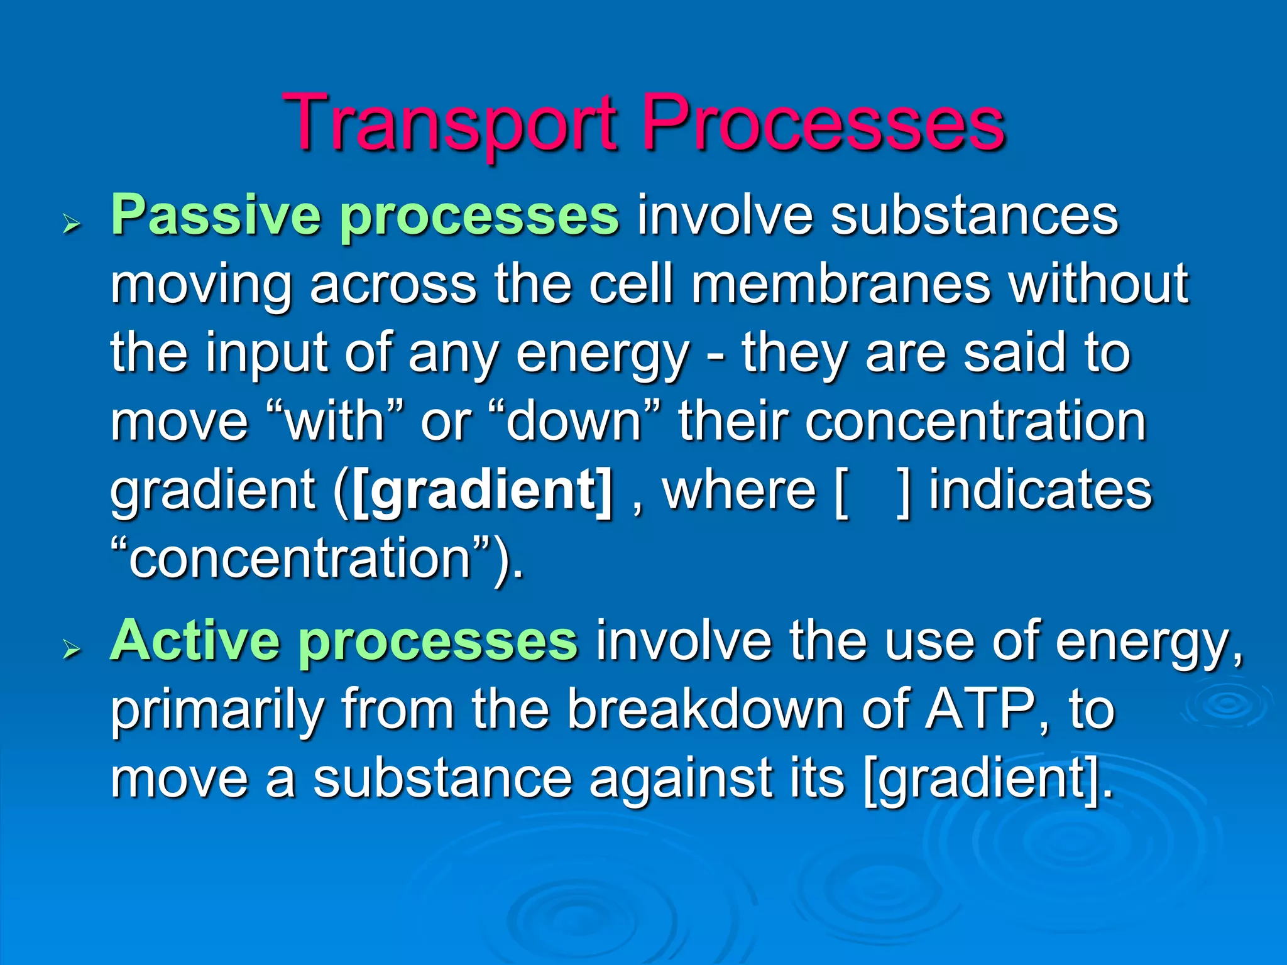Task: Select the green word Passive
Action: pos(217,215)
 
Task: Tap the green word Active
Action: pos(195,641)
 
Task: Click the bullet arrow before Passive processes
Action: pos(73,224)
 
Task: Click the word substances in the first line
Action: pos(974,215)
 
